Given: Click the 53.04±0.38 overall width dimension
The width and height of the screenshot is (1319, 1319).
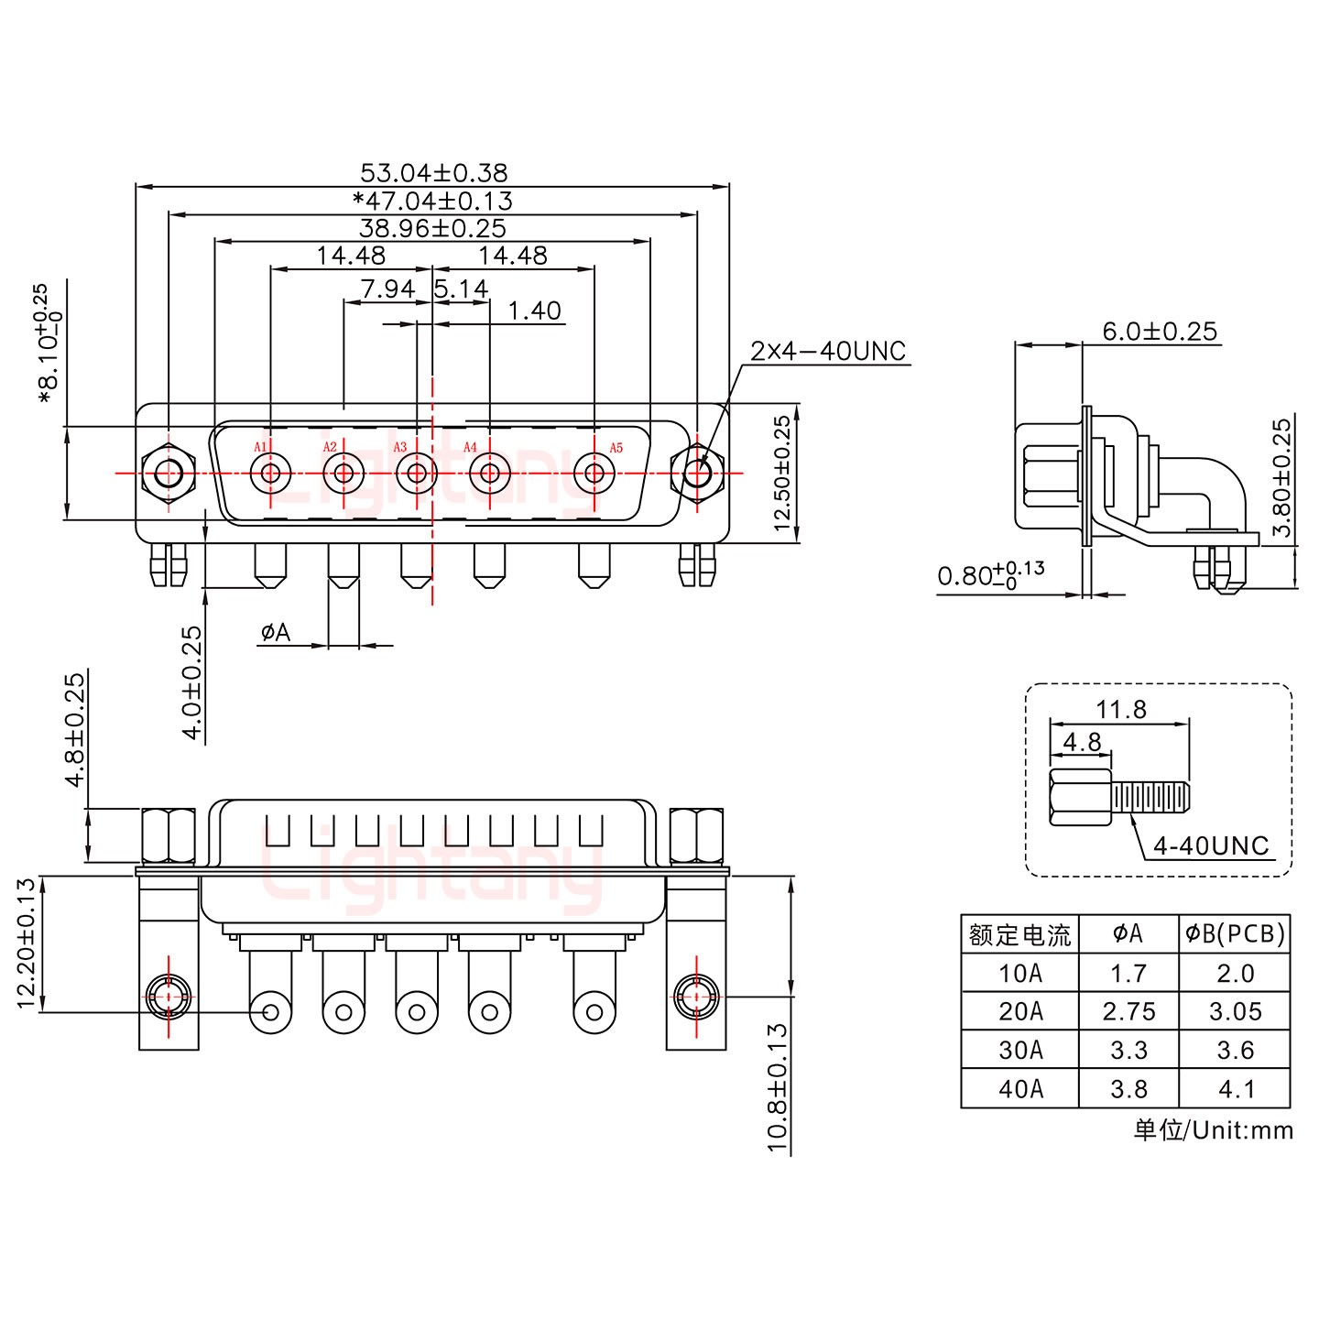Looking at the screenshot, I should tap(433, 172).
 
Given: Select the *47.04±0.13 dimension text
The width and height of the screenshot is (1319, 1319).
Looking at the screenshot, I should tap(433, 201).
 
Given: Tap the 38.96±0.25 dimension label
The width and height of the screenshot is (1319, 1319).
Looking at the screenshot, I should tap(433, 228).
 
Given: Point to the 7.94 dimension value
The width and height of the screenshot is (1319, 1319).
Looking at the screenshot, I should tap(387, 289).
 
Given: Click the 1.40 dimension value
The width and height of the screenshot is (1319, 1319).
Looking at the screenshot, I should tap(534, 311).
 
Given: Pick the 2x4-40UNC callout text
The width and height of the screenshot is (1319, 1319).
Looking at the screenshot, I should tap(828, 351).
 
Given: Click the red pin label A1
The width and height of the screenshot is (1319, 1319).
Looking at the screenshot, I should tap(260, 447).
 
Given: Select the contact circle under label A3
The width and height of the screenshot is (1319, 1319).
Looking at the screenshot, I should tap(417, 474).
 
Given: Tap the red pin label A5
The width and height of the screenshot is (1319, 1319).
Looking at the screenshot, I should tap(616, 447).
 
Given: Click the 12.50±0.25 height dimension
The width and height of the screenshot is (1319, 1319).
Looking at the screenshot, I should tap(781, 474).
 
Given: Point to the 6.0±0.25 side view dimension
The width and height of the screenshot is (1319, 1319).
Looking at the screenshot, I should tap(1160, 331).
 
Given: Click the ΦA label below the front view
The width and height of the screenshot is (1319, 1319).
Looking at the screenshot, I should tap(275, 632).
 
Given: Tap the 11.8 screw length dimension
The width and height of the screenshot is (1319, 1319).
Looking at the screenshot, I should tap(1120, 709).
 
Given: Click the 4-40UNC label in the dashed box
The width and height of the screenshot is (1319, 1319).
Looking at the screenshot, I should tap(1211, 845).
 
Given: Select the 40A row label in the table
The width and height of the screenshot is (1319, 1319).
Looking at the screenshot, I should tap(1020, 1089).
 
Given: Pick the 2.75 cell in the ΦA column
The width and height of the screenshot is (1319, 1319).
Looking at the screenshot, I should tap(1128, 1012).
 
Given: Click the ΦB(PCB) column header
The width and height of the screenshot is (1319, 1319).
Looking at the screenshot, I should tap(1235, 933).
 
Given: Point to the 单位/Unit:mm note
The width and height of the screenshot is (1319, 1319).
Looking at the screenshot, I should tap(1213, 1130).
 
